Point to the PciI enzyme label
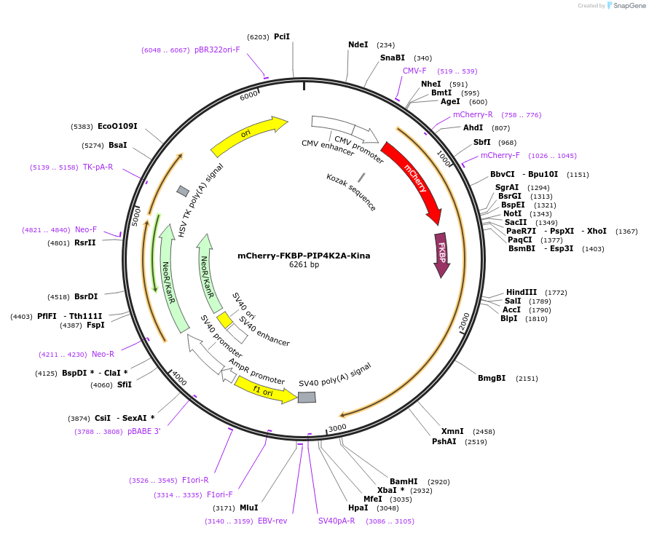(282, 36)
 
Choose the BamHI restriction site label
(404, 481)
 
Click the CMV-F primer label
(414, 71)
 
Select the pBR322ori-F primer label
(217, 50)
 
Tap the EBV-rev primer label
(272, 521)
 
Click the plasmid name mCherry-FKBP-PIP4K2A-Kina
(304, 256)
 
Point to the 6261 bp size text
(304, 265)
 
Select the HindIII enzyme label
(522, 292)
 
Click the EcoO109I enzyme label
(117, 126)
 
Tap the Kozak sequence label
(351, 192)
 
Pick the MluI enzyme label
(248, 508)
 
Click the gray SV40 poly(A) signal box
(307, 397)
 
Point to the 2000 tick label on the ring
(465, 321)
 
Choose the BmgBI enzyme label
(492, 378)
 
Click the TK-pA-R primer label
(98, 167)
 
